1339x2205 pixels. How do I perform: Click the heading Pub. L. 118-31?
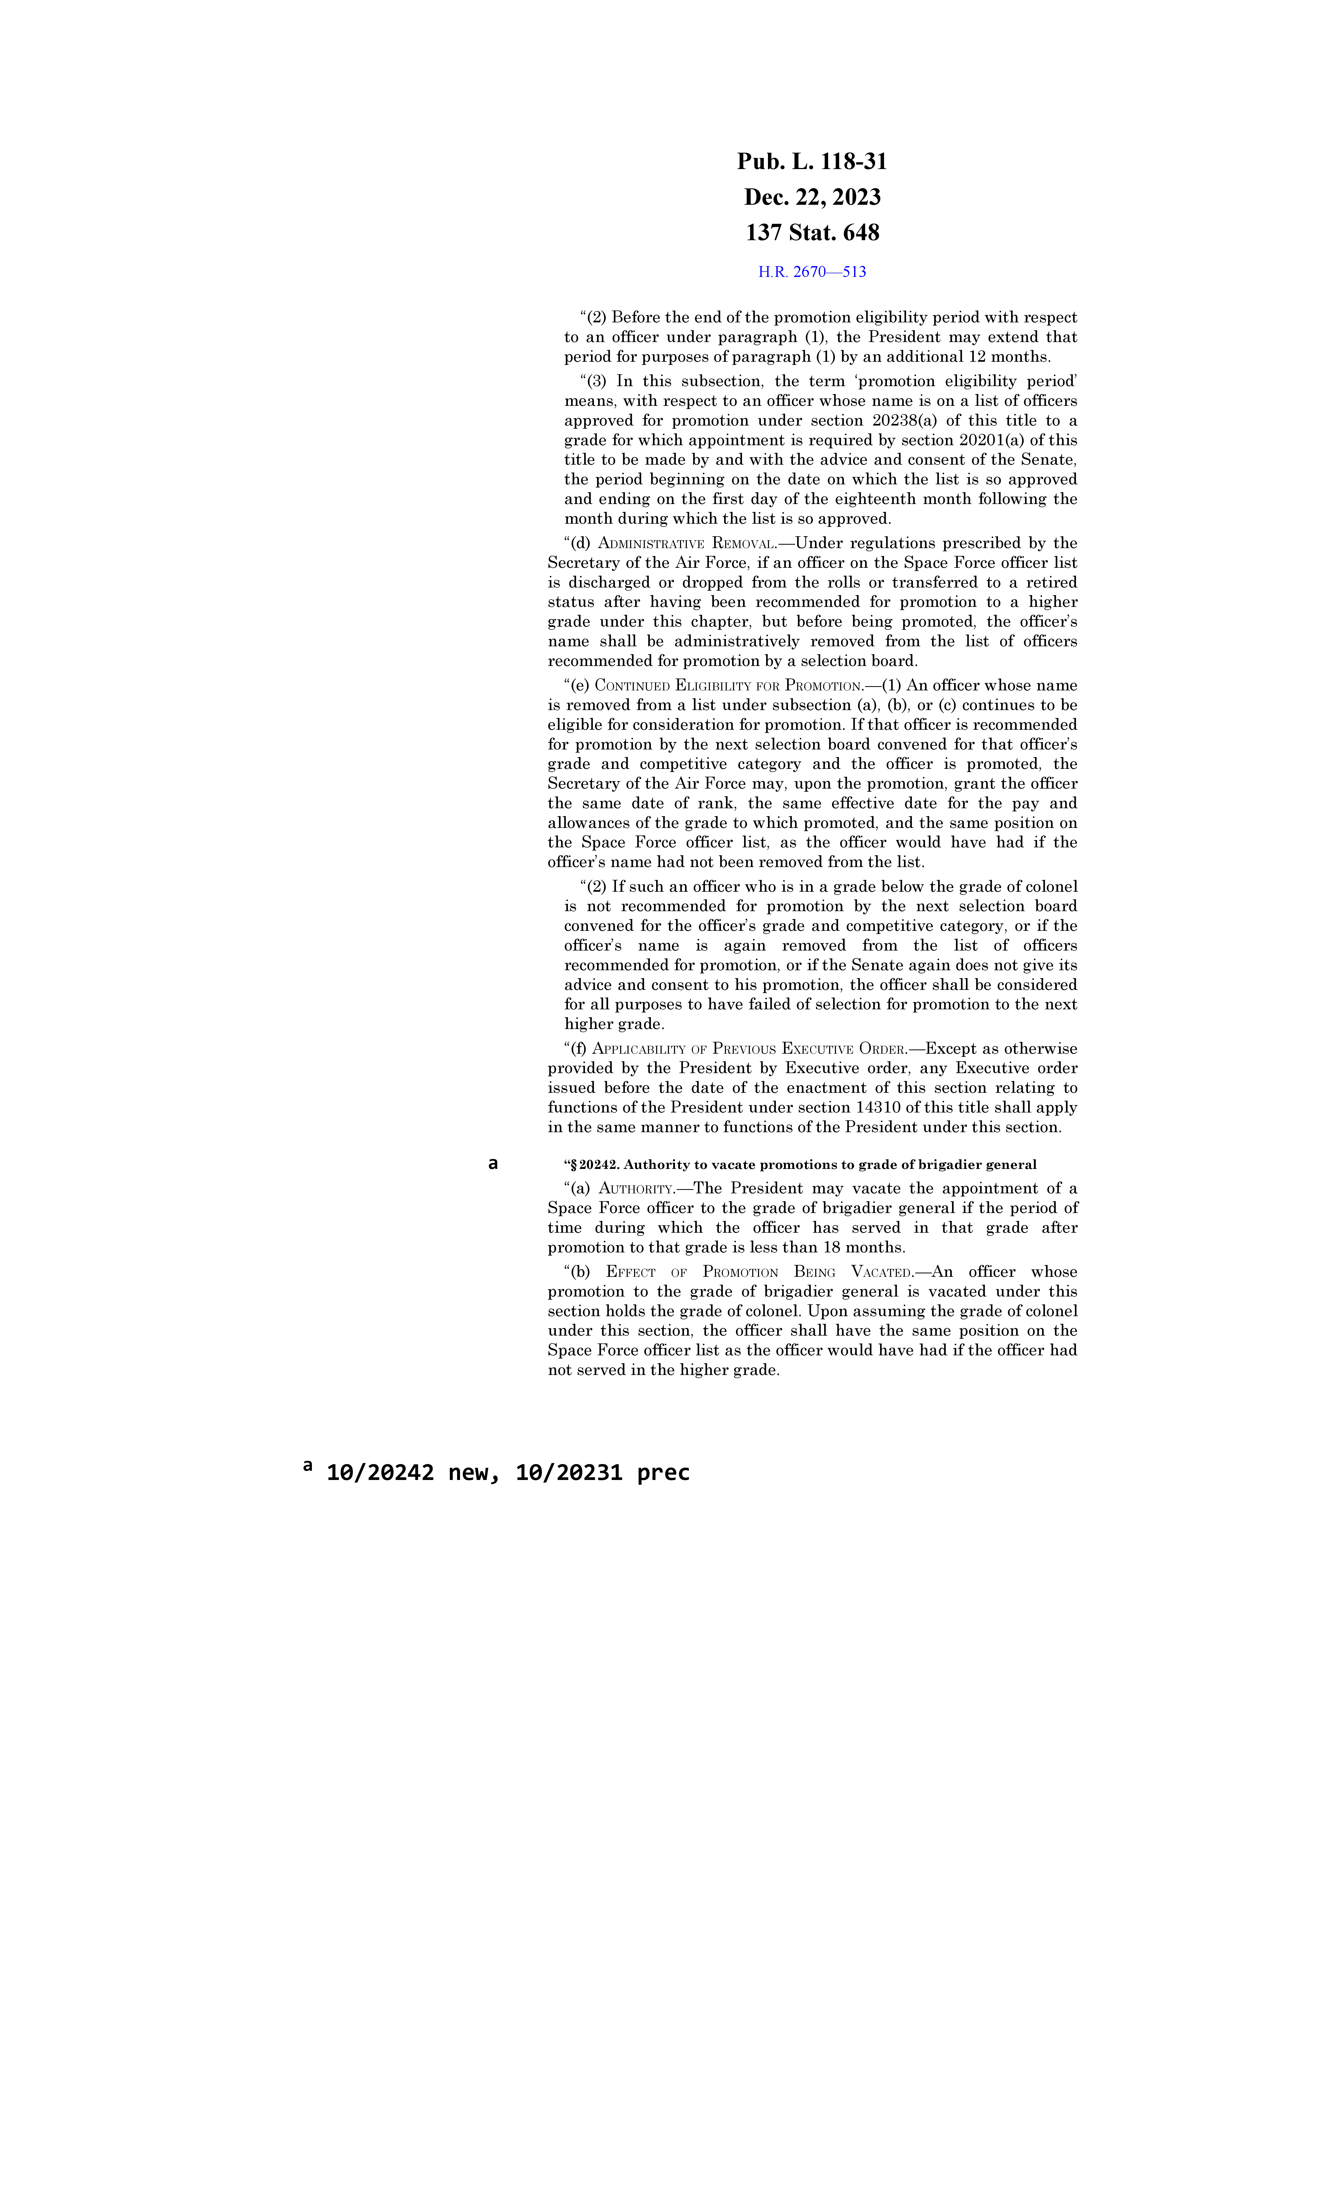pyautogui.click(x=812, y=162)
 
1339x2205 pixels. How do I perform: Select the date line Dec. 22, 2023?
pyautogui.click(x=812, y=197)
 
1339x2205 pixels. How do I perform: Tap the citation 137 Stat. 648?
pyautogui.click(x=812, y=233)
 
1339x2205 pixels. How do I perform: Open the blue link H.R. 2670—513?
pyautogui.click(x=812, y=272)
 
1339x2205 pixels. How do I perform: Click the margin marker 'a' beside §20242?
pyautogui.click(x=492, y=1163)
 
